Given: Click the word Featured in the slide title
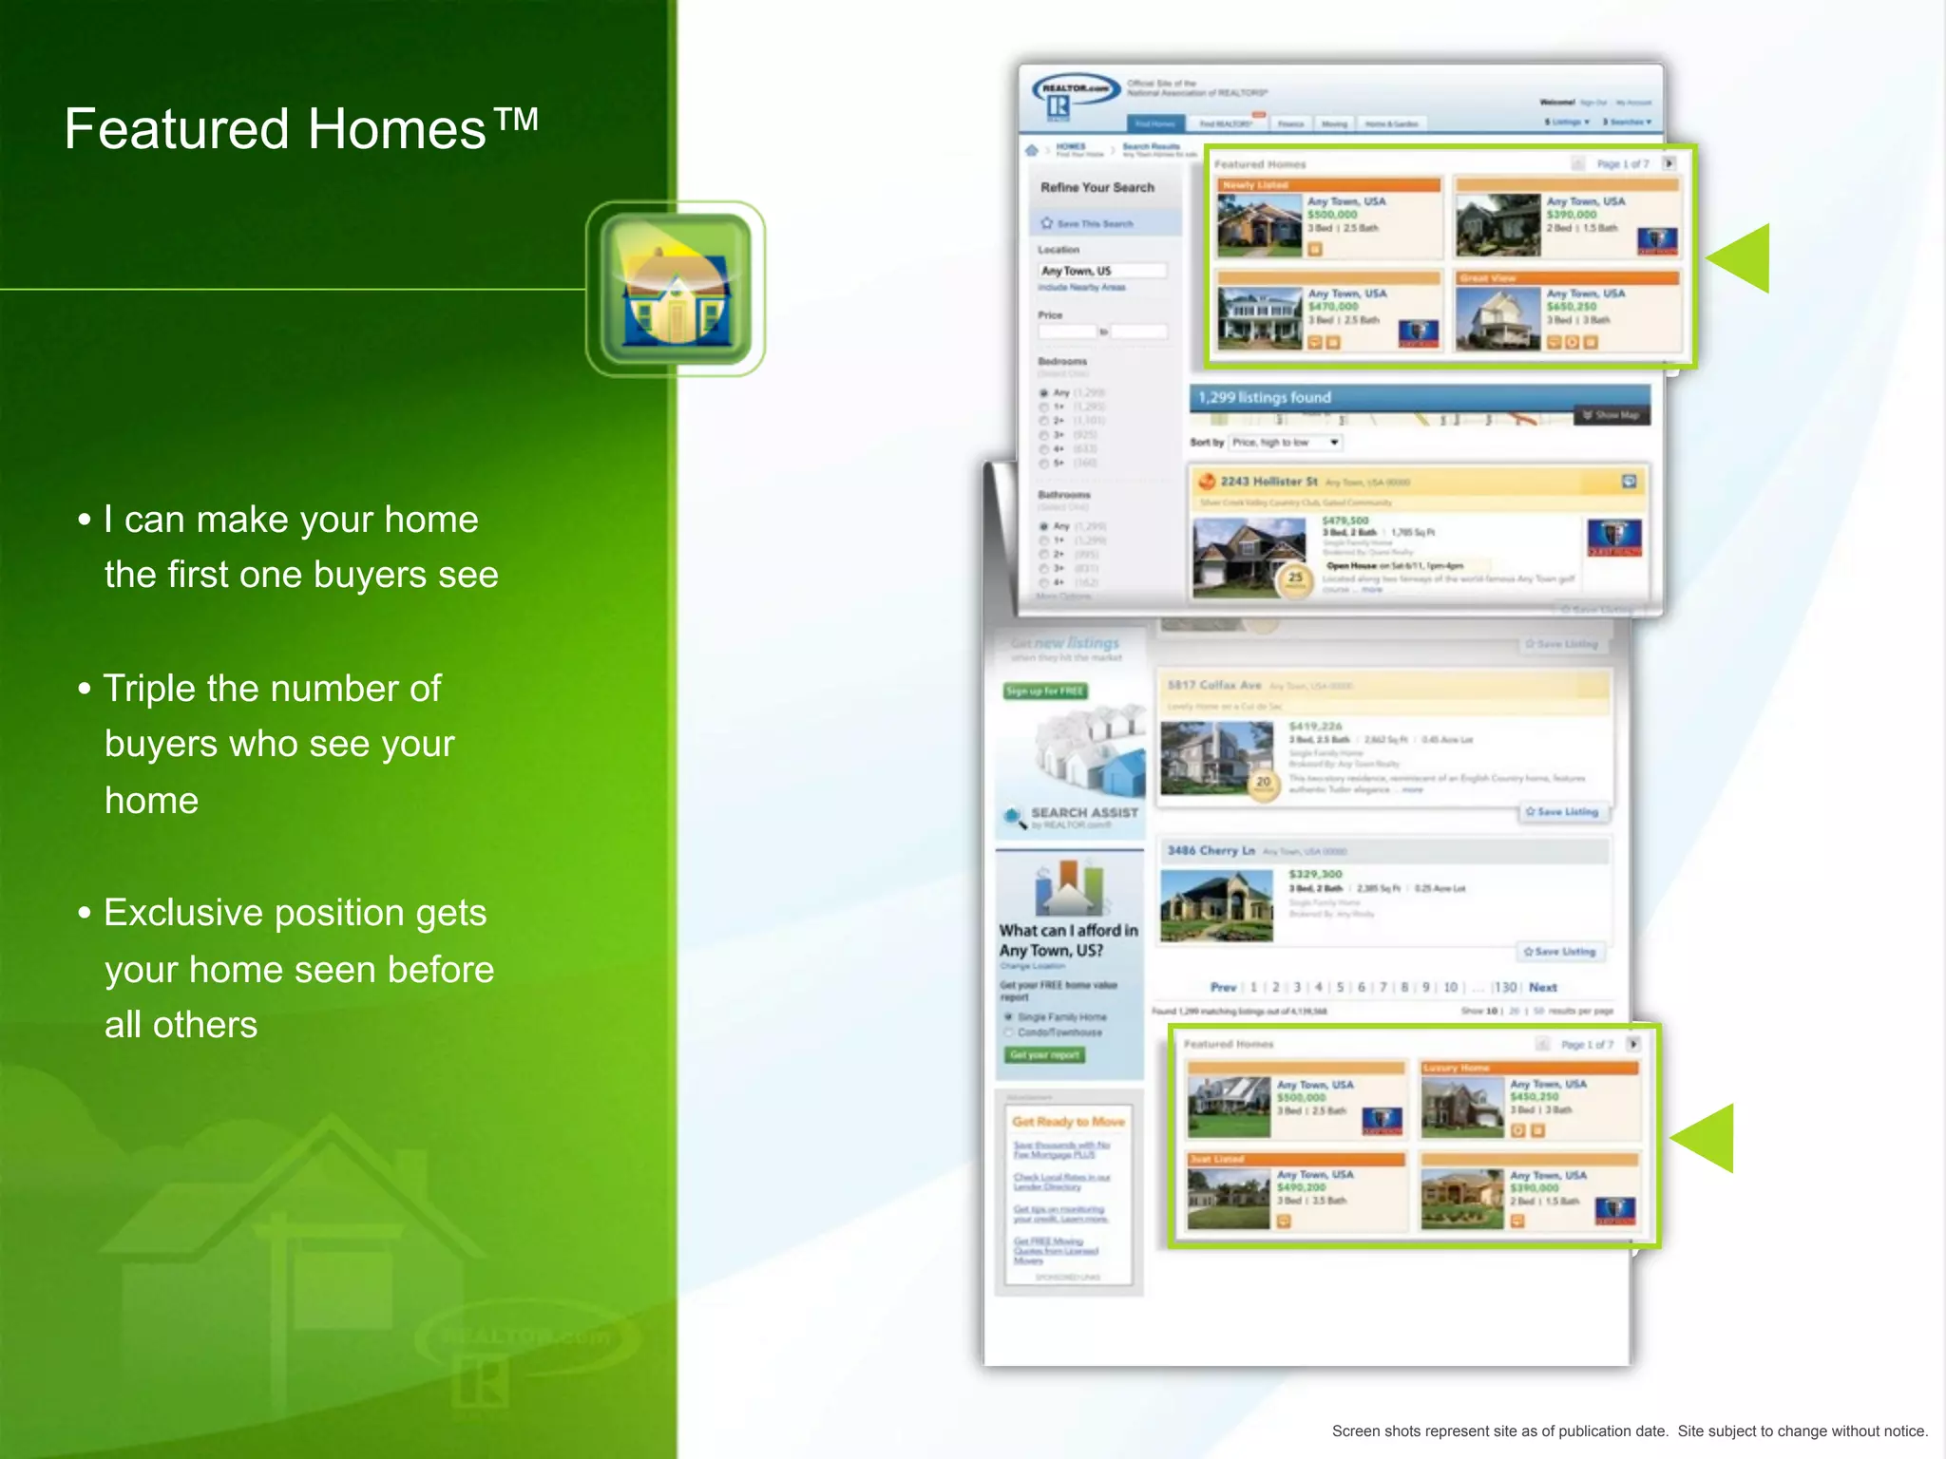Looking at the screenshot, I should point(177,129).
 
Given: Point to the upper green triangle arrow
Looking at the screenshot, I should point(1742,257).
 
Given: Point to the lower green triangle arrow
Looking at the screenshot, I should point(1706,1138).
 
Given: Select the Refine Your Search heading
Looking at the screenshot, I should point(1097,187).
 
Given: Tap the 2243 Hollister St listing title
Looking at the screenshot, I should point(1269,482).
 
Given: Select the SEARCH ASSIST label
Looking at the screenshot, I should point(1084,812).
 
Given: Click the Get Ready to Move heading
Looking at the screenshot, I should point(1068,1122).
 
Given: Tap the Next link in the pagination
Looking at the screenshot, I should point(1542,987).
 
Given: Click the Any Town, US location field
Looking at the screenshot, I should point(1102,271).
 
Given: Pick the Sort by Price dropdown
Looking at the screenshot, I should point(1285,443).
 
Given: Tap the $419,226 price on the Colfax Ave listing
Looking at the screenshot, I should point(1315,727).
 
